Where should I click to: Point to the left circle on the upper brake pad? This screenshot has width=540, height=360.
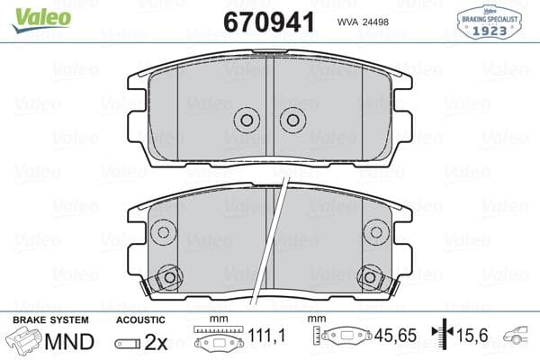pos(247,120)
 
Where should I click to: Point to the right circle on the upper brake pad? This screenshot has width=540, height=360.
pos(292,120)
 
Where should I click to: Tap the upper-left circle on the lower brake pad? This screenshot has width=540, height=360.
pos(163,231)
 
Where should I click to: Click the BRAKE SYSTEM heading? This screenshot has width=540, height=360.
pos(50,320)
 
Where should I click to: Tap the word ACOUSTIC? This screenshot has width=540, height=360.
pos(140,320)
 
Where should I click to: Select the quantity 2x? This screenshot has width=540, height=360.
pos(155,343)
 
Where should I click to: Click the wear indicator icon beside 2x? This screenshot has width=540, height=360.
pos(127,344)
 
